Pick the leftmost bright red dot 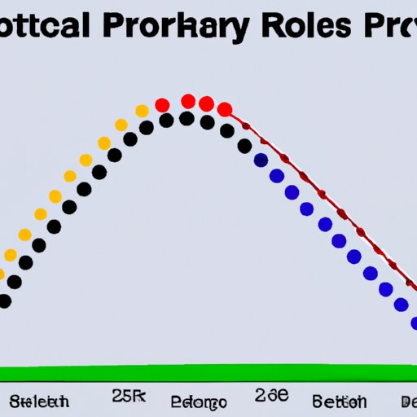[162, 105]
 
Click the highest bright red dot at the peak [188, 101]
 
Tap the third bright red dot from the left [207, 104]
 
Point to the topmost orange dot [142, 111]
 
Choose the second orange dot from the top [121, 125]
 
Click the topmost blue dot [261, 160]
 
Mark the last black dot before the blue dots [244, 147]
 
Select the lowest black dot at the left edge [4, 301]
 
